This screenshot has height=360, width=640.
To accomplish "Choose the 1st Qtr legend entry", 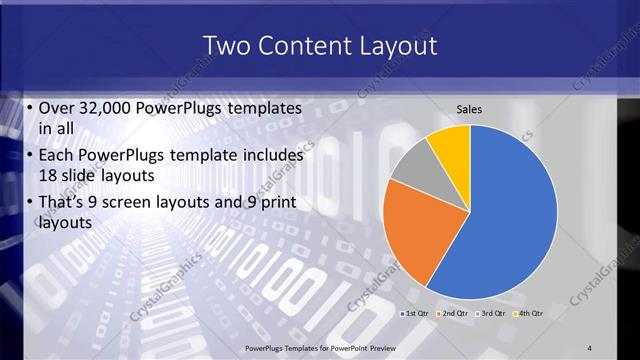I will coord(417,314).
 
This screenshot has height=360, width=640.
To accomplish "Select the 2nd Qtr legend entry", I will coord(452,314).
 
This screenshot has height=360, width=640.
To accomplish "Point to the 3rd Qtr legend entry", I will coord(489,314).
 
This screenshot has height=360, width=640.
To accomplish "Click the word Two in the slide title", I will coord(225,46).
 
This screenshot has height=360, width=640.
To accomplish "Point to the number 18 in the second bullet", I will coord(49,176).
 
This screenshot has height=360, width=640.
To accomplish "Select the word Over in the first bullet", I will coord(56,106).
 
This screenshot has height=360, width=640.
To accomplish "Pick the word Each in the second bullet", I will coord(56,157).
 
